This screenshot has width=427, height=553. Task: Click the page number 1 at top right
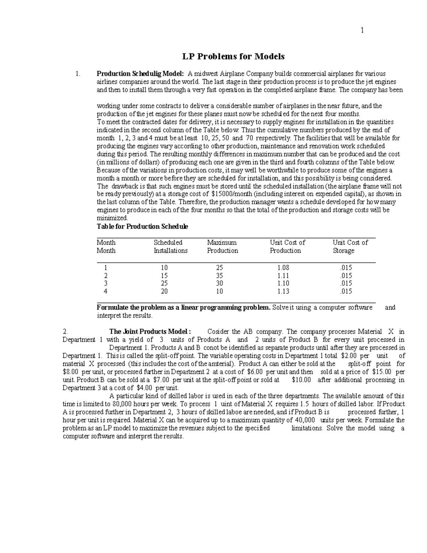362,31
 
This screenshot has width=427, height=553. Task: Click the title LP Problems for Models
233,56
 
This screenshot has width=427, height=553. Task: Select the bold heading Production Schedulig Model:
140,74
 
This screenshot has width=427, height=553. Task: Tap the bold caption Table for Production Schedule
142,226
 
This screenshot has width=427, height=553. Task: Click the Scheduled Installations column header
170,246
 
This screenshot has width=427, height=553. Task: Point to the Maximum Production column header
222,246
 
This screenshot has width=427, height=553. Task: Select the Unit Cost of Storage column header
350,246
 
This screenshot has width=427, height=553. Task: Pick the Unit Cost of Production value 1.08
283,267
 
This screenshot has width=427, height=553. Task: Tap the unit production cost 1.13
283,291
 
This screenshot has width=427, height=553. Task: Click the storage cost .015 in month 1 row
346,267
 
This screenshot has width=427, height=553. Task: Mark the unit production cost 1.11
283,276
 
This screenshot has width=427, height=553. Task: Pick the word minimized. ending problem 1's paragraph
112,218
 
